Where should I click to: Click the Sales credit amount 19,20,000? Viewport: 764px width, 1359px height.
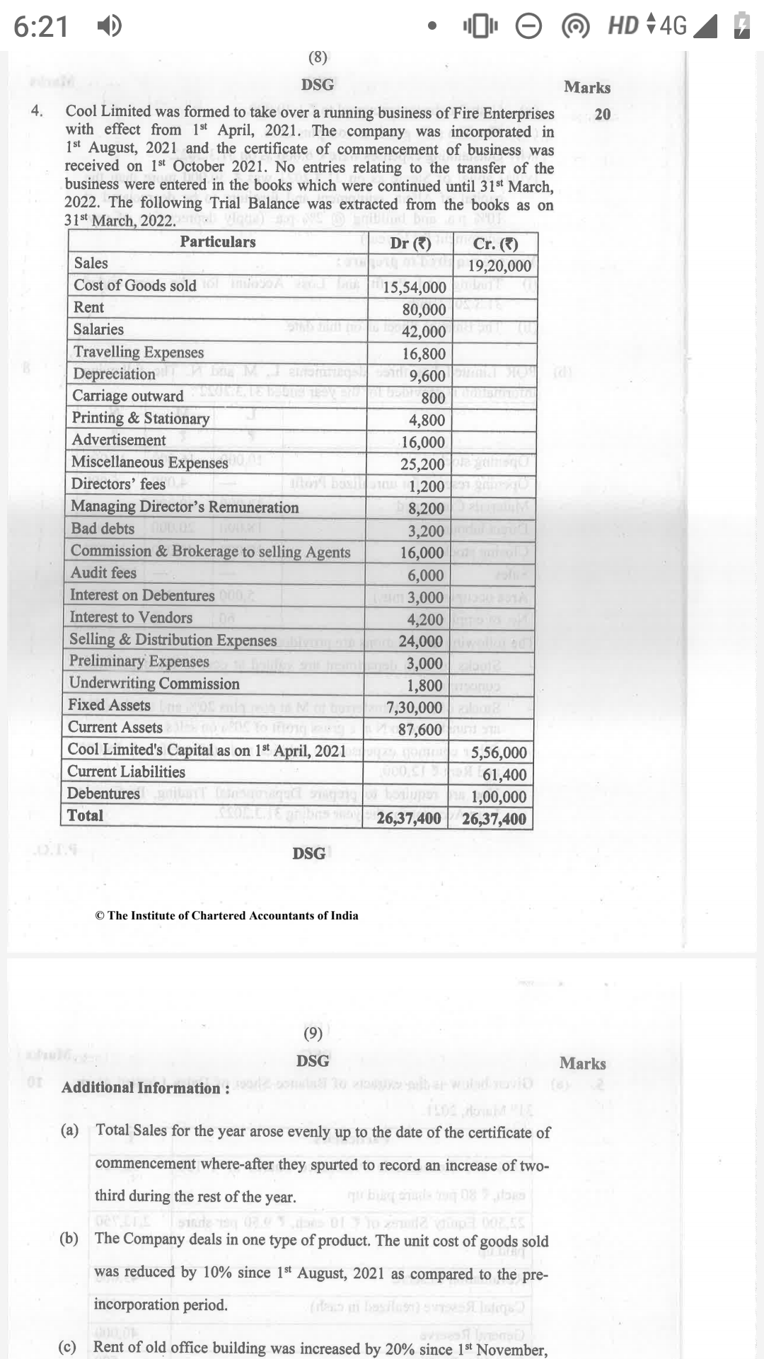coord(499,266)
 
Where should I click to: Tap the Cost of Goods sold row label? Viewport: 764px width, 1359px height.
coord(135,285)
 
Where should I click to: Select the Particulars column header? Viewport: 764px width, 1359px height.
coord(217,242)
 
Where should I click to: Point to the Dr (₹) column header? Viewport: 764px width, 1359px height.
coord(410,243)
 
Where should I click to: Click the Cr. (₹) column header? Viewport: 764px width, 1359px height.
coord(495,244)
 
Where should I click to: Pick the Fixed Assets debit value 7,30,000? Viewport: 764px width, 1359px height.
coord(415,708)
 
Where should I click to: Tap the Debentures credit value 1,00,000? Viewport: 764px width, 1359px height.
coord(499,797)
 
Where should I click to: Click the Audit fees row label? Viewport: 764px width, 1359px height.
coord(103,573)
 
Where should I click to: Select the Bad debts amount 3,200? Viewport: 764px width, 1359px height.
coord(426,531)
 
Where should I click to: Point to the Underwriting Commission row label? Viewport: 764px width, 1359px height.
coord(154,684)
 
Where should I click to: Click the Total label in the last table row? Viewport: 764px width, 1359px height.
coord(85,815)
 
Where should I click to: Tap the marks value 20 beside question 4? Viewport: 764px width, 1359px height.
coord(603,114)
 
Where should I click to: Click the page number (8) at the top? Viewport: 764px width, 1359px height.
coord(318,57)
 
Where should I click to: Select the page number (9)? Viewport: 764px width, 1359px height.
coord(313,1033)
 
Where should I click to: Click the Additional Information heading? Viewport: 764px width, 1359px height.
coord(145,1088)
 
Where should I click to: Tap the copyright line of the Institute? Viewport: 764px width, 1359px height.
coord(226,915)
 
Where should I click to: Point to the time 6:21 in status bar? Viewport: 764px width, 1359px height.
coord(41,27)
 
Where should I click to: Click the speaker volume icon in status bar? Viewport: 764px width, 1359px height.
coord(108,27)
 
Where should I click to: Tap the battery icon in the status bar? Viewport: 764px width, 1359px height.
coord(741,26)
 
